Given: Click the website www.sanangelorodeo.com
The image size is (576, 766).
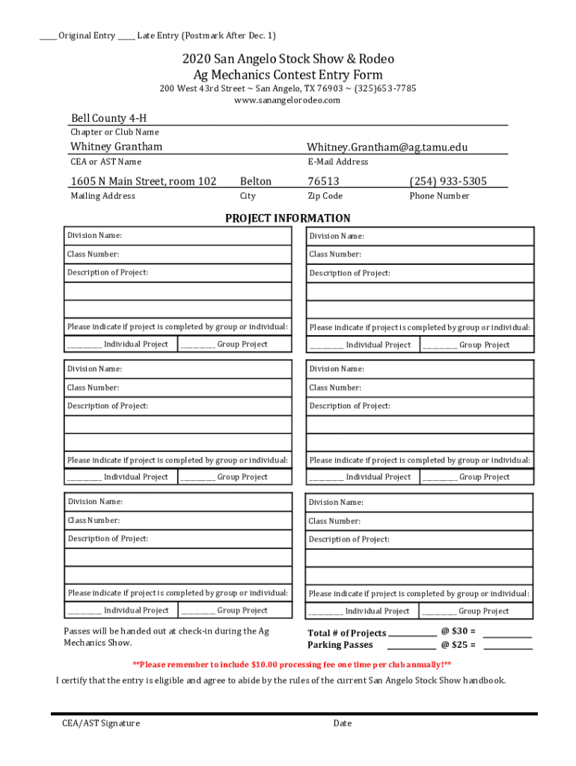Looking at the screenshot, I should click(287, 100).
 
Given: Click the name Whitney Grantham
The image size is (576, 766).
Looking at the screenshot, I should click(116, 147).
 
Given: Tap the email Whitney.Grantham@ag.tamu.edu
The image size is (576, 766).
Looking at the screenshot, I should click(387, 147).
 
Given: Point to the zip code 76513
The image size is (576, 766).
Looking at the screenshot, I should click(323, 181).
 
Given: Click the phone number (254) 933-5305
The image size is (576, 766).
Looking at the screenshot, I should click(448, 181).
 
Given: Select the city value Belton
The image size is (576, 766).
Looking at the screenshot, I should click(256, 181).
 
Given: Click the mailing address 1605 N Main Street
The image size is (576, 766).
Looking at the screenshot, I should click(144, 181).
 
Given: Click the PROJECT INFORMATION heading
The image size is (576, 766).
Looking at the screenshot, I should click(288, 218).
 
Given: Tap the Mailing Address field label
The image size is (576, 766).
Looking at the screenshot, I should click(102, 196).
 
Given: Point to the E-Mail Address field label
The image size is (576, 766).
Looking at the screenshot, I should click(337, 162).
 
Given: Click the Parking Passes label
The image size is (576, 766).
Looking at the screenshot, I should click(340, 645).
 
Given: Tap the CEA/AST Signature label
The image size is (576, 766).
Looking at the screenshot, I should click(101, 723).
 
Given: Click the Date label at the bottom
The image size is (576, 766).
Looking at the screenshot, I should click(343, 723).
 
